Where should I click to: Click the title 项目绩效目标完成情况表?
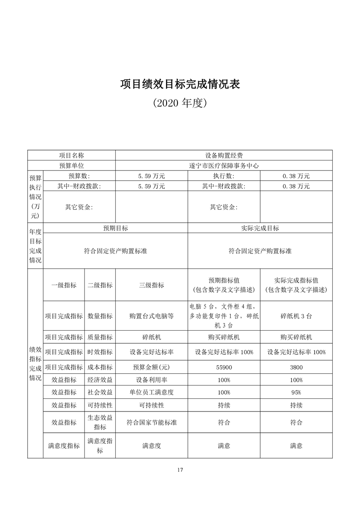click(180, 84)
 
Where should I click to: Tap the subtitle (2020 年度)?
click(180, 103)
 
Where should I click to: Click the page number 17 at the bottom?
click(180, 470)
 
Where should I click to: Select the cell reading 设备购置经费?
click(224, 155)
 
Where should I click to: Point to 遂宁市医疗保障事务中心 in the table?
click(224, 166)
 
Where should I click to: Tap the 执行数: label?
click(224, 176)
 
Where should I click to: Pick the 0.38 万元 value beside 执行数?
click(296, 176)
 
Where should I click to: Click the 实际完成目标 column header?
click(260, 228)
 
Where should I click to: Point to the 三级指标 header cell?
click(152, 285)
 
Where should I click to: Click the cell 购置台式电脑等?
click(152, 316)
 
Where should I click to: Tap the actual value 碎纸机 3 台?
click(296, 316)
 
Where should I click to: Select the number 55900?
click(224, 367)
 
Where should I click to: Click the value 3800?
click(296, 367)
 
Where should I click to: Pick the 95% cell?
click(296, 392)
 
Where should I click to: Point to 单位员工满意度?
click(152, 392)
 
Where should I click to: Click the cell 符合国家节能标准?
click(152, 422)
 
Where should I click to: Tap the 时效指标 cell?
click(100, 352)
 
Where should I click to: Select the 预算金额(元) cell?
click(152, 367)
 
